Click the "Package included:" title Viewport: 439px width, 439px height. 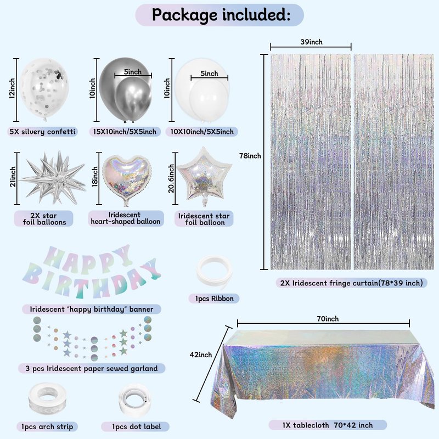221,15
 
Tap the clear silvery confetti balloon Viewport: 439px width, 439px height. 44,89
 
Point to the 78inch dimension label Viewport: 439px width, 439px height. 250,156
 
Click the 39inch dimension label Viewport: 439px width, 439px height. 311,42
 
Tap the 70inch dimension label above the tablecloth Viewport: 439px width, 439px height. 328,319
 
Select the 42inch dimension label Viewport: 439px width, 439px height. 201,354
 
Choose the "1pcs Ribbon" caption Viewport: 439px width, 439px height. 214,299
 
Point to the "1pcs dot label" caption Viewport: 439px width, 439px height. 136,427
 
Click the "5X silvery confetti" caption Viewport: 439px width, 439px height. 43,132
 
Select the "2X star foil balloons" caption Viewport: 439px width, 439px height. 44,219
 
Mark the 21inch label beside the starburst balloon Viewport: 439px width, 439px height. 13,177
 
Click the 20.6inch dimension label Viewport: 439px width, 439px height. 171,178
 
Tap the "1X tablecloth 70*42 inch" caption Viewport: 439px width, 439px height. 328,425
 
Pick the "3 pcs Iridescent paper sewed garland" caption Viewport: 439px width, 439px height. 92,368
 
